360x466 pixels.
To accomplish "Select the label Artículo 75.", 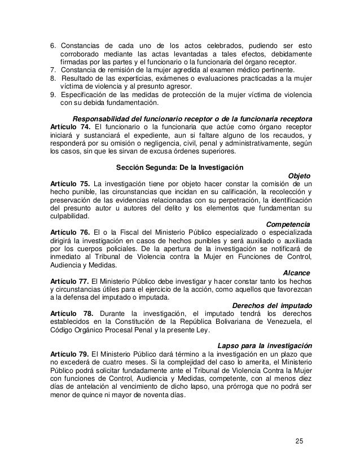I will [x=70, y=184].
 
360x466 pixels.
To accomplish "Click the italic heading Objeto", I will [x=298, y=175].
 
